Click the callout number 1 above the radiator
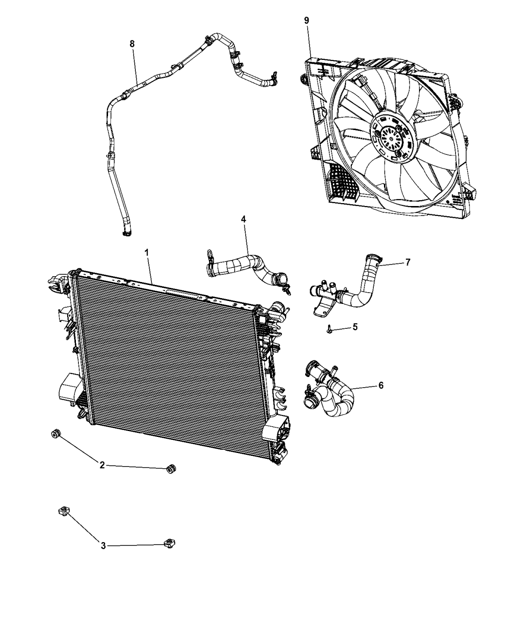[x=146, y=253]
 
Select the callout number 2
[x=102, y=465]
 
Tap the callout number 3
[x=103, y=546]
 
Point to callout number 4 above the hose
[x=243, y=219]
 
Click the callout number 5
[x=355, y=326]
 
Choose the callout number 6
[x=381, y=385]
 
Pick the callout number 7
[x=407, y=262]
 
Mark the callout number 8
[x=132, y=43]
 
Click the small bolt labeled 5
[x=329, y=329]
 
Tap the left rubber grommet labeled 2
[x=55, y=433]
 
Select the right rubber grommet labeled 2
[x=171, y=468]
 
